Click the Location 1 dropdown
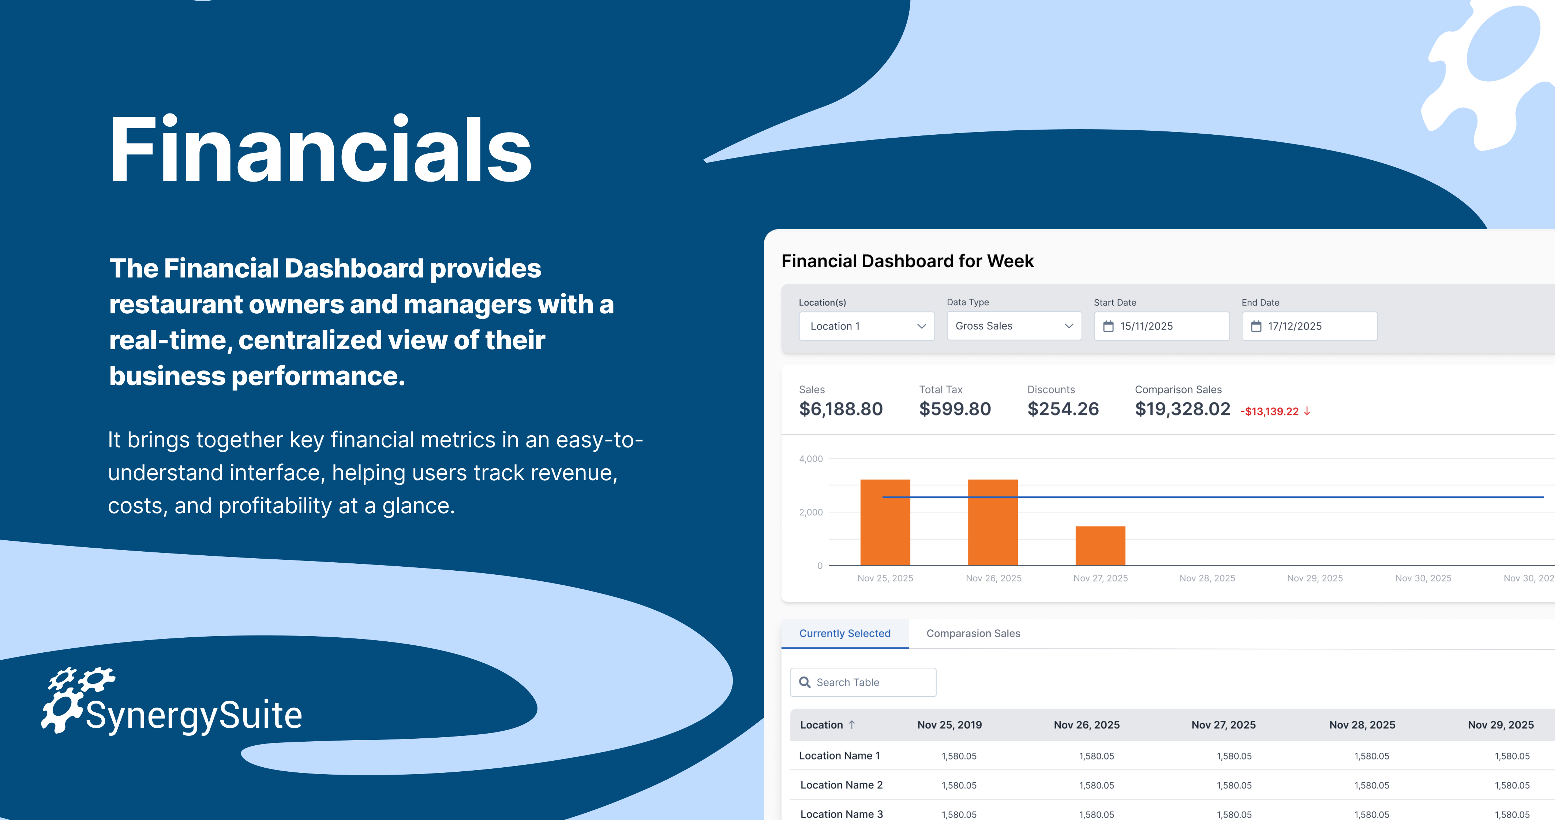(x=866, y=326)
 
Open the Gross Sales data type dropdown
(x=1014, y=326)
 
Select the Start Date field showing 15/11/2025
(x=1161, y=326)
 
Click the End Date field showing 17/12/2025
(x=1309, y=326)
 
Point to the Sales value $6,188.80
(x=841, y=409)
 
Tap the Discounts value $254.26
(x=1063, y=409)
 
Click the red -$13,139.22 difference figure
(x=1270, y=411)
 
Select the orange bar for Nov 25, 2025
(x=885, y=522)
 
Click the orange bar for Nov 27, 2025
(x=1101, y=546)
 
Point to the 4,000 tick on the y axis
(x=811, y=459)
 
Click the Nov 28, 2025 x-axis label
(x=1207, y=578)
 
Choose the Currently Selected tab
(x=844, y=633)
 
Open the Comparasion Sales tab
(x=973, y=633)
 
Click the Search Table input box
(x=863, y=682)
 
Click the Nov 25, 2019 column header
(x=949, y=724)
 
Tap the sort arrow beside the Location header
(x=852, y=724)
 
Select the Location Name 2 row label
(x=842, y=785)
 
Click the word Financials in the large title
(x=320, y=149)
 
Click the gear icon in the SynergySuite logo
(x=77, y=699)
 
